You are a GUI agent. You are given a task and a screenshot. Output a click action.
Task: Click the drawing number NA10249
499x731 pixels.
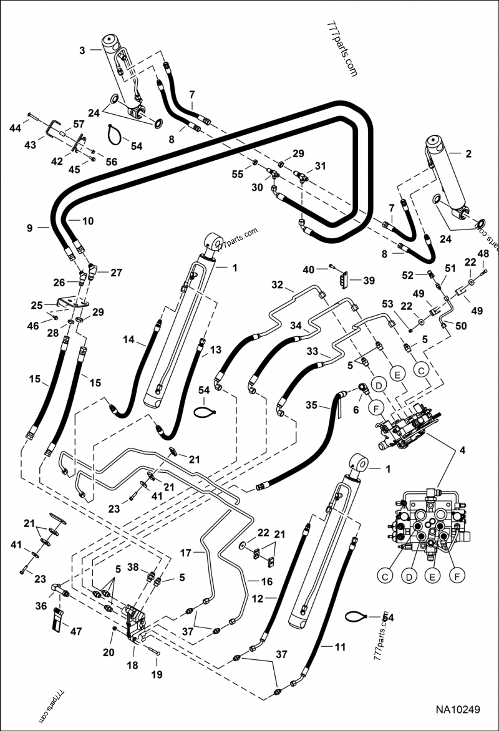click(x=458, y=710)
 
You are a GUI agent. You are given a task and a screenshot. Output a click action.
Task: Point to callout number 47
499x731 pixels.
click(x=75, y=632)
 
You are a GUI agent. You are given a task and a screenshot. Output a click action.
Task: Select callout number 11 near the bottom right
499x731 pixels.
click(x=339, y=647)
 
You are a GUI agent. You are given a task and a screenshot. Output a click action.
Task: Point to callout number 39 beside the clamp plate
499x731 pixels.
click(x=369, y=281)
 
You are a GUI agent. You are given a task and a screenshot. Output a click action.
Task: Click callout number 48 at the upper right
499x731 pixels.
click(x=483, y=253)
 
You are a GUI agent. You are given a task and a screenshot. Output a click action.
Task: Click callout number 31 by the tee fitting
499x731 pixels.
click(x=321, y=166)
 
